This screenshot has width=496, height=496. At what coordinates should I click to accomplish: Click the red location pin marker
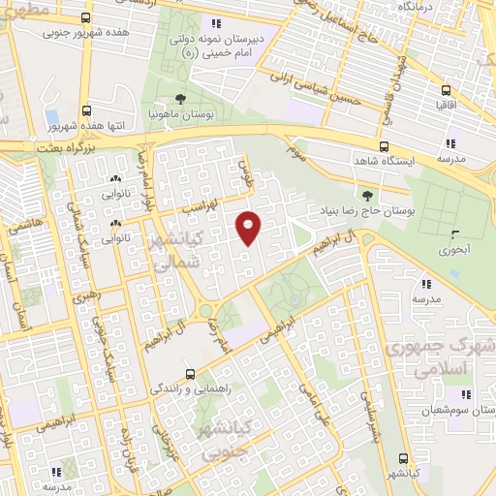[249, 228]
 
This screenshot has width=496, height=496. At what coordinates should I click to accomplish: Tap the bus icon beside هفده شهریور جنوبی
[86, 18]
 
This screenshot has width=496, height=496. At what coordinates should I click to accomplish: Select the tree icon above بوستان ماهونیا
[181, 99]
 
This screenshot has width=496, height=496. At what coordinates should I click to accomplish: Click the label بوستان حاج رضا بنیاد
[364, 209]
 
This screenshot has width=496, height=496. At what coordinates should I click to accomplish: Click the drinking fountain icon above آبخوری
[453, 233]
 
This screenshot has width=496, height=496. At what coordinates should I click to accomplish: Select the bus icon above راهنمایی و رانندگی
[190, 373]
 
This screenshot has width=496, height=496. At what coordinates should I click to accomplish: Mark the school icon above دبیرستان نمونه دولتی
[217, 23]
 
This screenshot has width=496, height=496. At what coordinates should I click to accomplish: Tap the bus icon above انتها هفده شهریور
[86, 110]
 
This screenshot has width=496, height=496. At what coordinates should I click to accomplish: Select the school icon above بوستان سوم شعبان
[466, 394]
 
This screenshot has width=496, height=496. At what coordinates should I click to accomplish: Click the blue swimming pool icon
[51, 117]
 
